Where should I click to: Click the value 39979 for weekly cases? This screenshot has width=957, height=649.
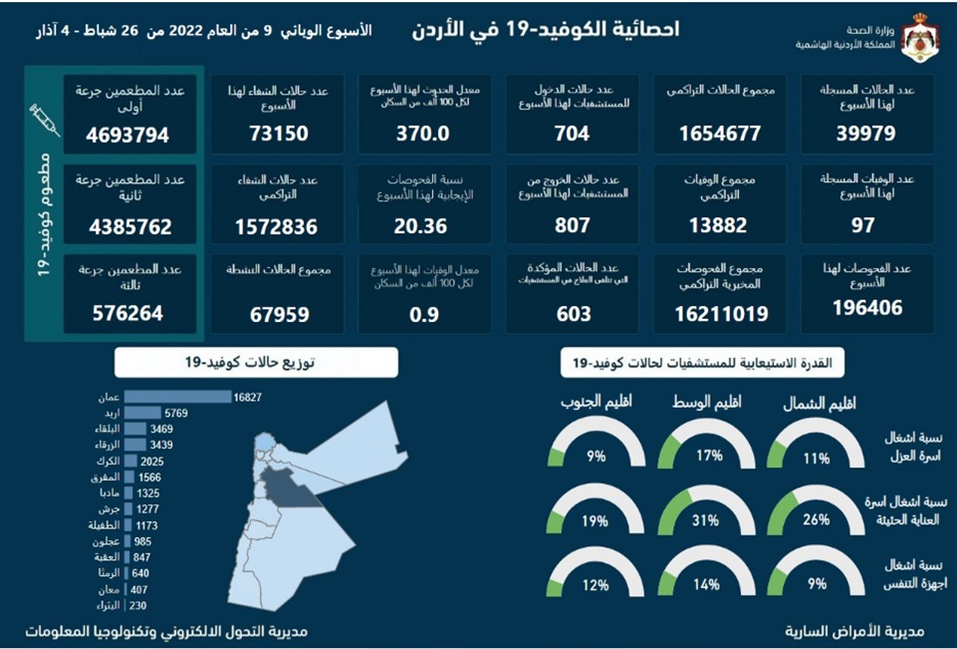[866, 134]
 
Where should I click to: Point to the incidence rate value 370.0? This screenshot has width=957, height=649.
[423, 134]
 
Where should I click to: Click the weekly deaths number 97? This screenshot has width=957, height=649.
[862, 226]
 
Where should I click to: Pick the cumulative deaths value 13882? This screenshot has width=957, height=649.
[716, 226]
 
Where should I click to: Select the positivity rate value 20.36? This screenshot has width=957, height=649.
[423, 226]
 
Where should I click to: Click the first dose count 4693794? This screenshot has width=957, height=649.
[129, 135]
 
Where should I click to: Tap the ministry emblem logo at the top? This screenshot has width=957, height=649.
[917, 38]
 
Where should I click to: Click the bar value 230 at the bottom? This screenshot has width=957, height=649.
[137, 605]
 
